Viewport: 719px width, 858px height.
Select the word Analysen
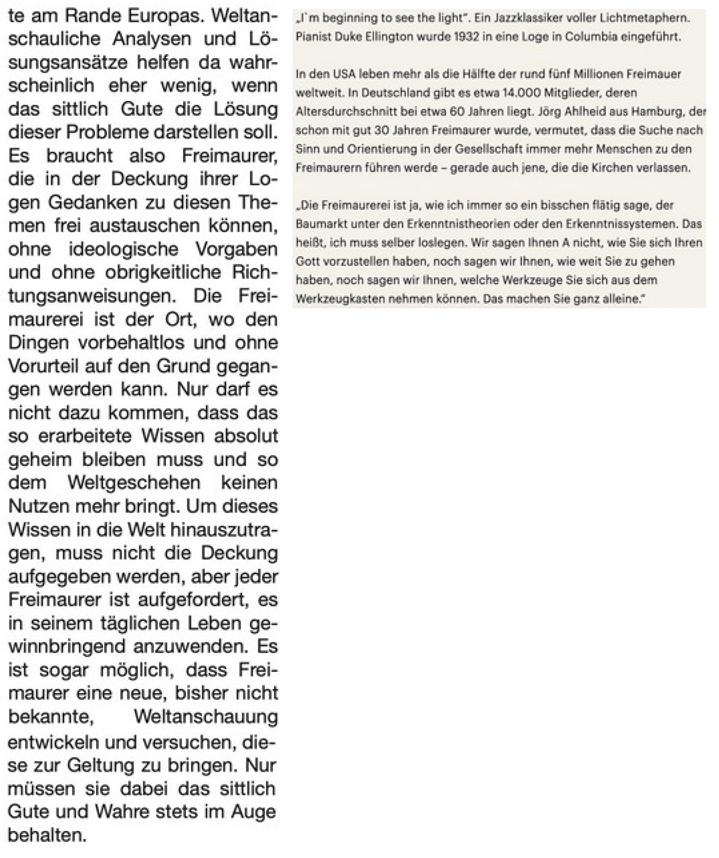click(152, 39)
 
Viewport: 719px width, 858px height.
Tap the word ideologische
click(123, 249)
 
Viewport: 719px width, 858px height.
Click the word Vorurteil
click(41, 366)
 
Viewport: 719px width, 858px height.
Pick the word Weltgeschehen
click(134, 483)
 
